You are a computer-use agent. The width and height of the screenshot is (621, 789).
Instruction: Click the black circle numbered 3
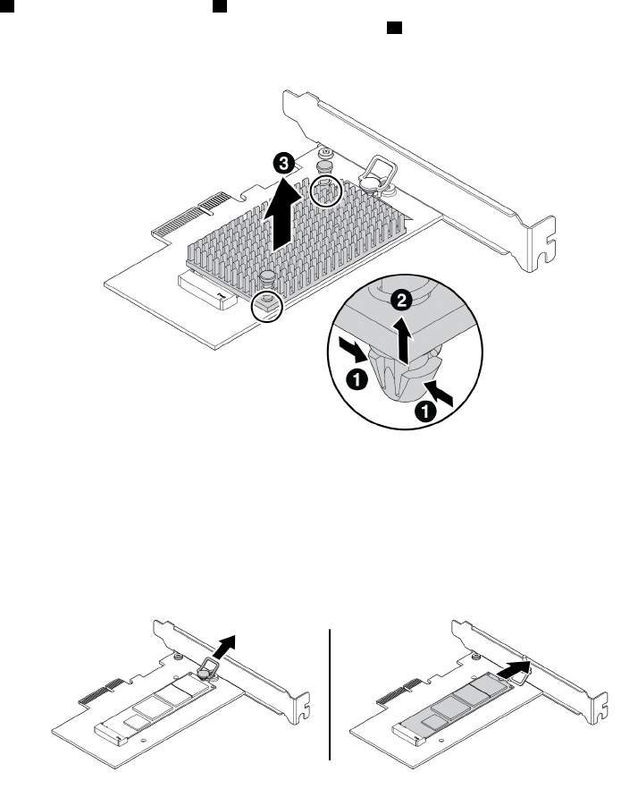(x=283, y=164)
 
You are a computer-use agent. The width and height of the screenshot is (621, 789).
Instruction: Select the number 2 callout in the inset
(x=402, y=301)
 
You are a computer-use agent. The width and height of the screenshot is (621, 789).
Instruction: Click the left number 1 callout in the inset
(x=357, y=381)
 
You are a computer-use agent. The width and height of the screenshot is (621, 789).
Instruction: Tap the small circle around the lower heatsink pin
(x=266, y=304)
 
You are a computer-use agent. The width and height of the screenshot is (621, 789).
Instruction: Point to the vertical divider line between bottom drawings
(x=331, y=693)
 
